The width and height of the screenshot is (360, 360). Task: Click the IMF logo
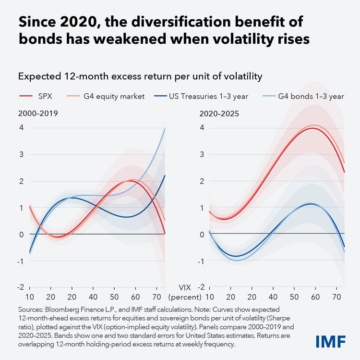pos(331,341)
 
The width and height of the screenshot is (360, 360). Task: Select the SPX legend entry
pos(36,96)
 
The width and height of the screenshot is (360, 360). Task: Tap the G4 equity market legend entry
pos(106,96)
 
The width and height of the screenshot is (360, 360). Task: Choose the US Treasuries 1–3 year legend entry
pos(201,96)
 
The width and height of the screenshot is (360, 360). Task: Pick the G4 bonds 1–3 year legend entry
pos(303,96)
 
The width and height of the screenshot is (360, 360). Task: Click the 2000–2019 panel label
pos(38,113)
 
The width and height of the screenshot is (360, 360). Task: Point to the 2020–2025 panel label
pos(219,113)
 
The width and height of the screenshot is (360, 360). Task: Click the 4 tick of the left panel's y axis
pos(21,127)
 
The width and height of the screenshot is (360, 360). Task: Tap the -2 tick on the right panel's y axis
pos(201,287)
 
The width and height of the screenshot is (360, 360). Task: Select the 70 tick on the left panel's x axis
pos(156,297)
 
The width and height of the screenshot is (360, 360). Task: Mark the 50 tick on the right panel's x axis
pos(294,297)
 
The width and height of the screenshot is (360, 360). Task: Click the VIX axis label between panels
pos(185,287)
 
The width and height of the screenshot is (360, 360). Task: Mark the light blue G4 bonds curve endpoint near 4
pos(165,129)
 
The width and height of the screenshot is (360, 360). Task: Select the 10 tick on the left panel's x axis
pos(30,297)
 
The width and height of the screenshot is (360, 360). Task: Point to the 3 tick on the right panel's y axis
pos(202,154)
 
